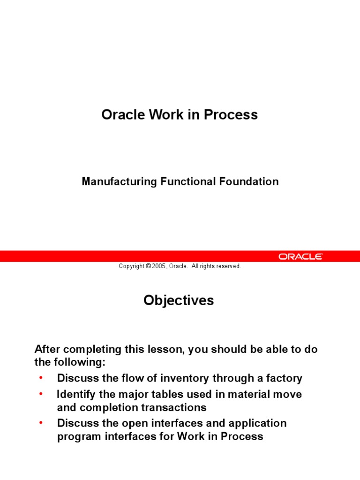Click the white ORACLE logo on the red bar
tap(300, 256)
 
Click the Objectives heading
tap(179, 300)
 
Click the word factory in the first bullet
tap(284, 378)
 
